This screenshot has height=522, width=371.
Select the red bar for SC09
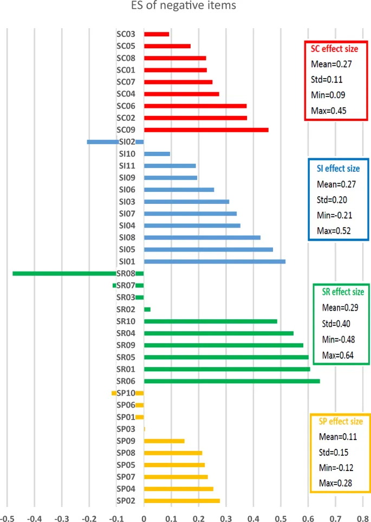pos(206,130)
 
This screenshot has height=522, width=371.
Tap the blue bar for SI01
pos(214,261)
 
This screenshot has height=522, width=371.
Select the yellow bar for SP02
pos(182,500)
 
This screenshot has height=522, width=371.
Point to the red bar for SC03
pos(157,34)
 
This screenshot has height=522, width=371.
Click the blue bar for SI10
pos(157,153)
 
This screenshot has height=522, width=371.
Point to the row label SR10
pos(126,321)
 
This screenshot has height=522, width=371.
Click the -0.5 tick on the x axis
pos(7,517)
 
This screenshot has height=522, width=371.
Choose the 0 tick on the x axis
pos(144,517)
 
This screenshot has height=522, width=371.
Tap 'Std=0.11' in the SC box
pos(327,80)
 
